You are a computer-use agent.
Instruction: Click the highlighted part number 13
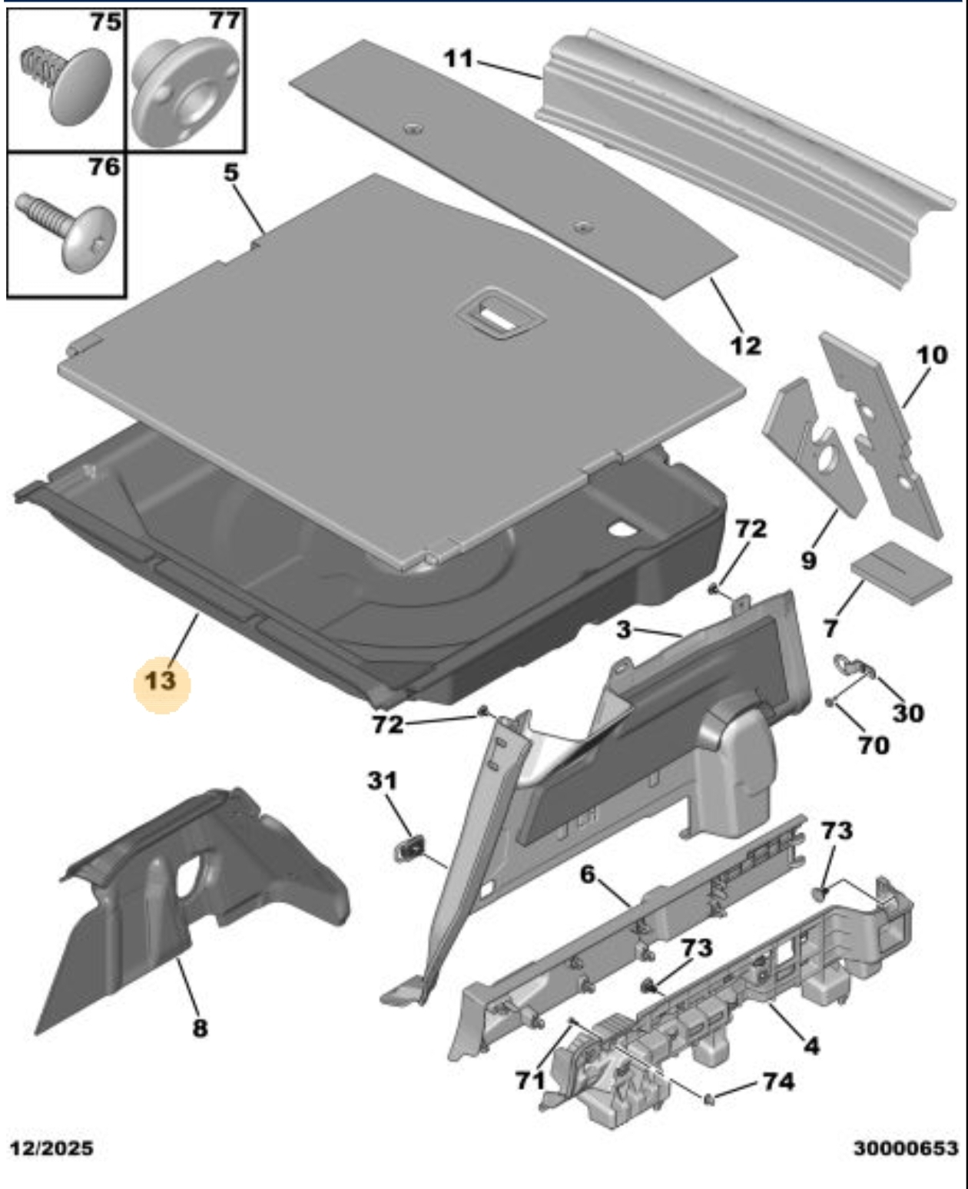[x=161, y=681]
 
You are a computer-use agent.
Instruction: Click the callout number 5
[x=231, y=172]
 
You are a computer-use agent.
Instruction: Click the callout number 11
[x=459, y=58]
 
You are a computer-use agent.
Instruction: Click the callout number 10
[x=932, y=355]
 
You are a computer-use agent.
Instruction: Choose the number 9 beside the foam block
[x=809, y=560]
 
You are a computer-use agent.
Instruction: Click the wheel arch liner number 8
[x=200, y=1028]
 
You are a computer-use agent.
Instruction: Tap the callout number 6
[x=588, y=874]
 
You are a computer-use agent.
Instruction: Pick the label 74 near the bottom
[x=778, y=1081]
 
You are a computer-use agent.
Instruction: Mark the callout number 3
[x=624, y=630]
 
